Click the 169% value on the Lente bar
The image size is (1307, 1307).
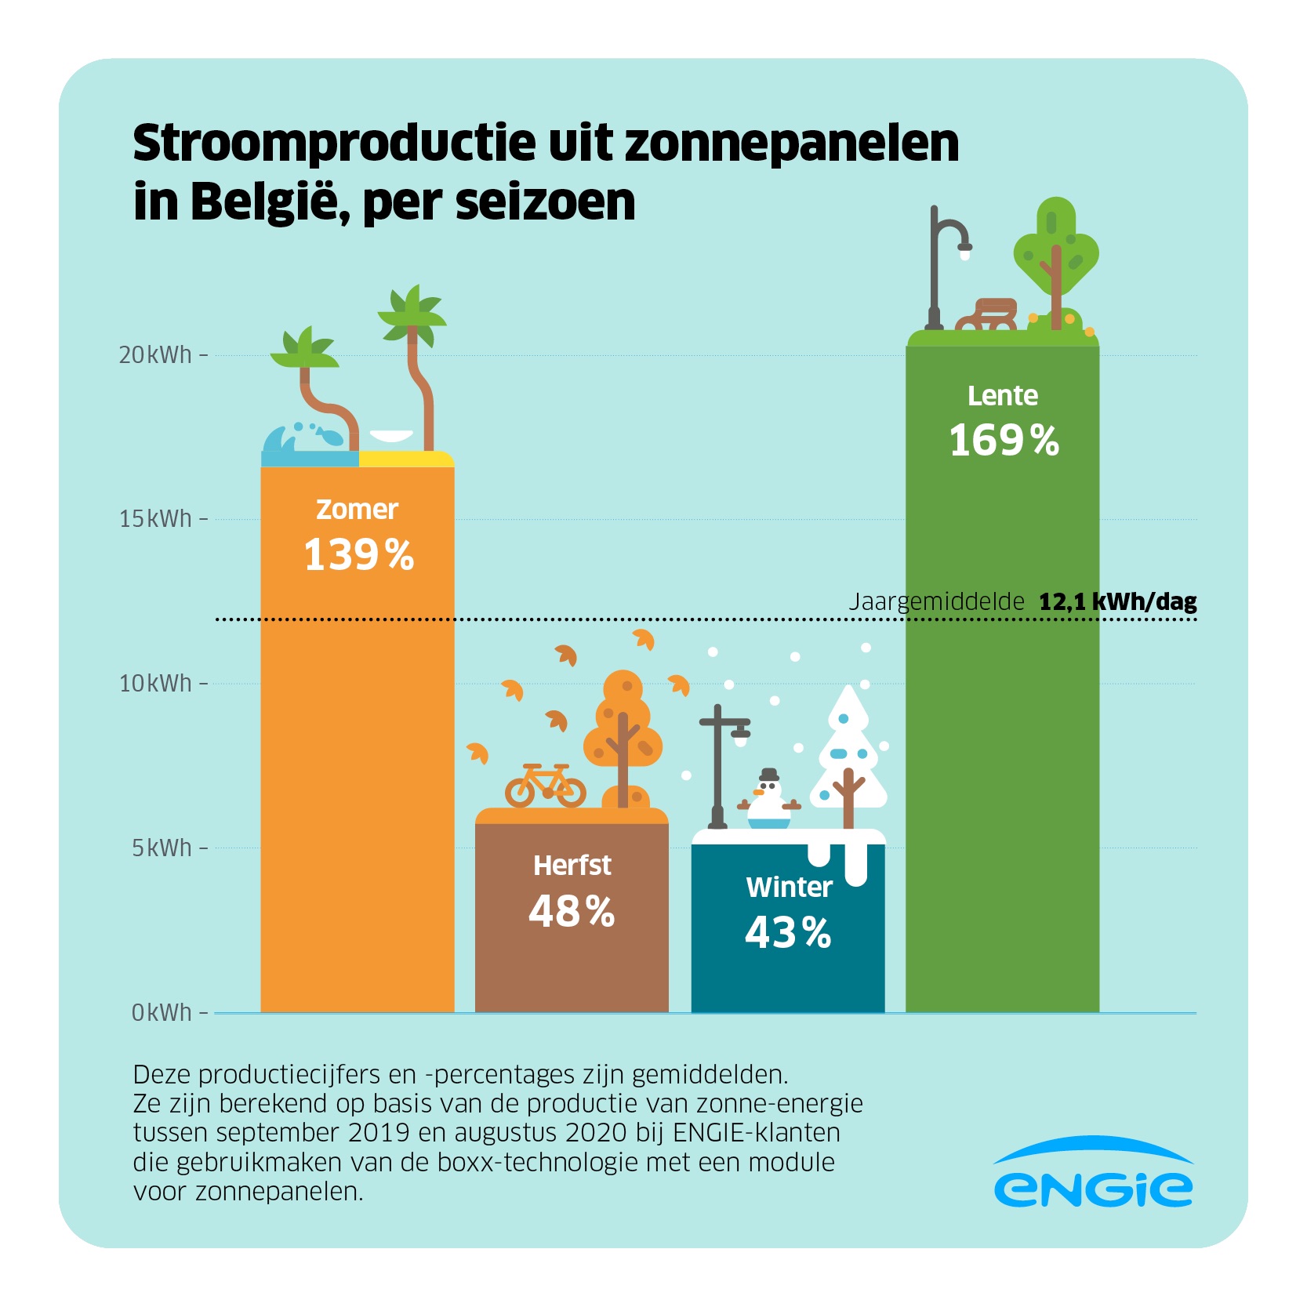[1003, 440]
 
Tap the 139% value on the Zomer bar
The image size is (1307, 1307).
[358, 554]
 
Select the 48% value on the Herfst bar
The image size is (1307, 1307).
[572, 911]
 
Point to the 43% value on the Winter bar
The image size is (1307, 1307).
[787, 932]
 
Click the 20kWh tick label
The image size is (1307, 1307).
[155, 355]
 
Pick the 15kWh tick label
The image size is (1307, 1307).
[155, 519]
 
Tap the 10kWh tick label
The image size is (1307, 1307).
[155, 684]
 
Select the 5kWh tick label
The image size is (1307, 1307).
[162, 848]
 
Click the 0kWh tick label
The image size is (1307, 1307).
[162, 1012]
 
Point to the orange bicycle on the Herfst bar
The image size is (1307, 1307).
[546, 786]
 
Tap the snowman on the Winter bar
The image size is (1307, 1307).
[768, 800]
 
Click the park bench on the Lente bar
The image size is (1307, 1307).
[987, 314]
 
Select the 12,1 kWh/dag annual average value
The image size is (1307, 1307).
[1117, 602]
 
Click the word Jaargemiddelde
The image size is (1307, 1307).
[936, 602]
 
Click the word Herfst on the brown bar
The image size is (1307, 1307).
[572, 866]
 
